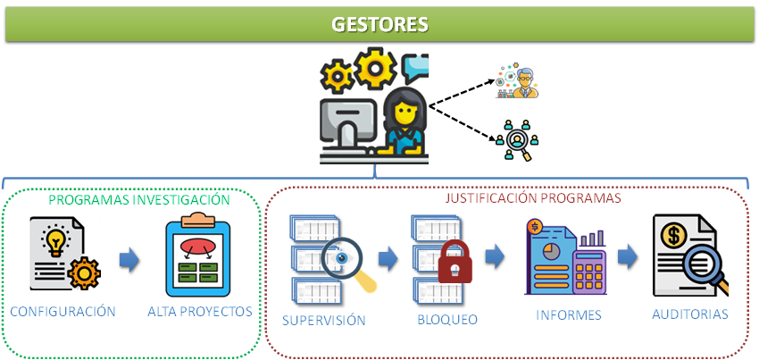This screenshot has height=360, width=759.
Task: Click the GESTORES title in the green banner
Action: [379, 24]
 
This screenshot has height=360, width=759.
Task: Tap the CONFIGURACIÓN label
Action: [63, 312]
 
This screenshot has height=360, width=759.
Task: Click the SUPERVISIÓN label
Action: [323, 319]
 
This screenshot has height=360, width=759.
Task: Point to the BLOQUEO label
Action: [448, 319]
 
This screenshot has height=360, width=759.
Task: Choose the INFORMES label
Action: [569, 315]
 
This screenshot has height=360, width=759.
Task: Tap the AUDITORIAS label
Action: [690, 314]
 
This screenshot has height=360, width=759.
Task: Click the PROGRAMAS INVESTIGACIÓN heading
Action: [139, 200]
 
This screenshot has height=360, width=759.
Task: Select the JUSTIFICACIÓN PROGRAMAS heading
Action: [534, 198]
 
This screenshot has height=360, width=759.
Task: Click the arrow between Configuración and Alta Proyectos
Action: [129, 259]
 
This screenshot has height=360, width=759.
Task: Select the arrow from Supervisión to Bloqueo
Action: [388, 259]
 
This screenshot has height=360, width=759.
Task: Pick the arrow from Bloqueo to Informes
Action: [495, 257]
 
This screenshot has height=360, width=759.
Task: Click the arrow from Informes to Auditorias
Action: [628, 256]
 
